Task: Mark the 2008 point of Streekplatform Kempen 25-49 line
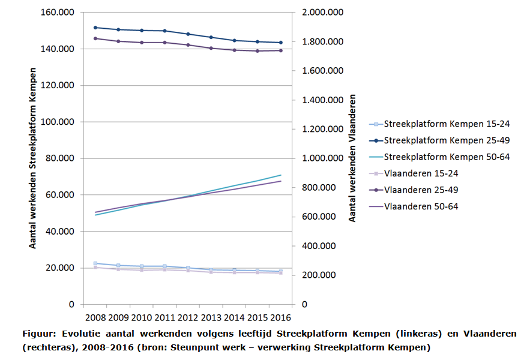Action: pyautogui.click(x=95, y=28)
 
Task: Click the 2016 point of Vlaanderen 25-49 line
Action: pyautogui.click(x=280, y=50)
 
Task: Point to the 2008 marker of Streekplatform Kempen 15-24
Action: pyautogui.click(x=95, y=263)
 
